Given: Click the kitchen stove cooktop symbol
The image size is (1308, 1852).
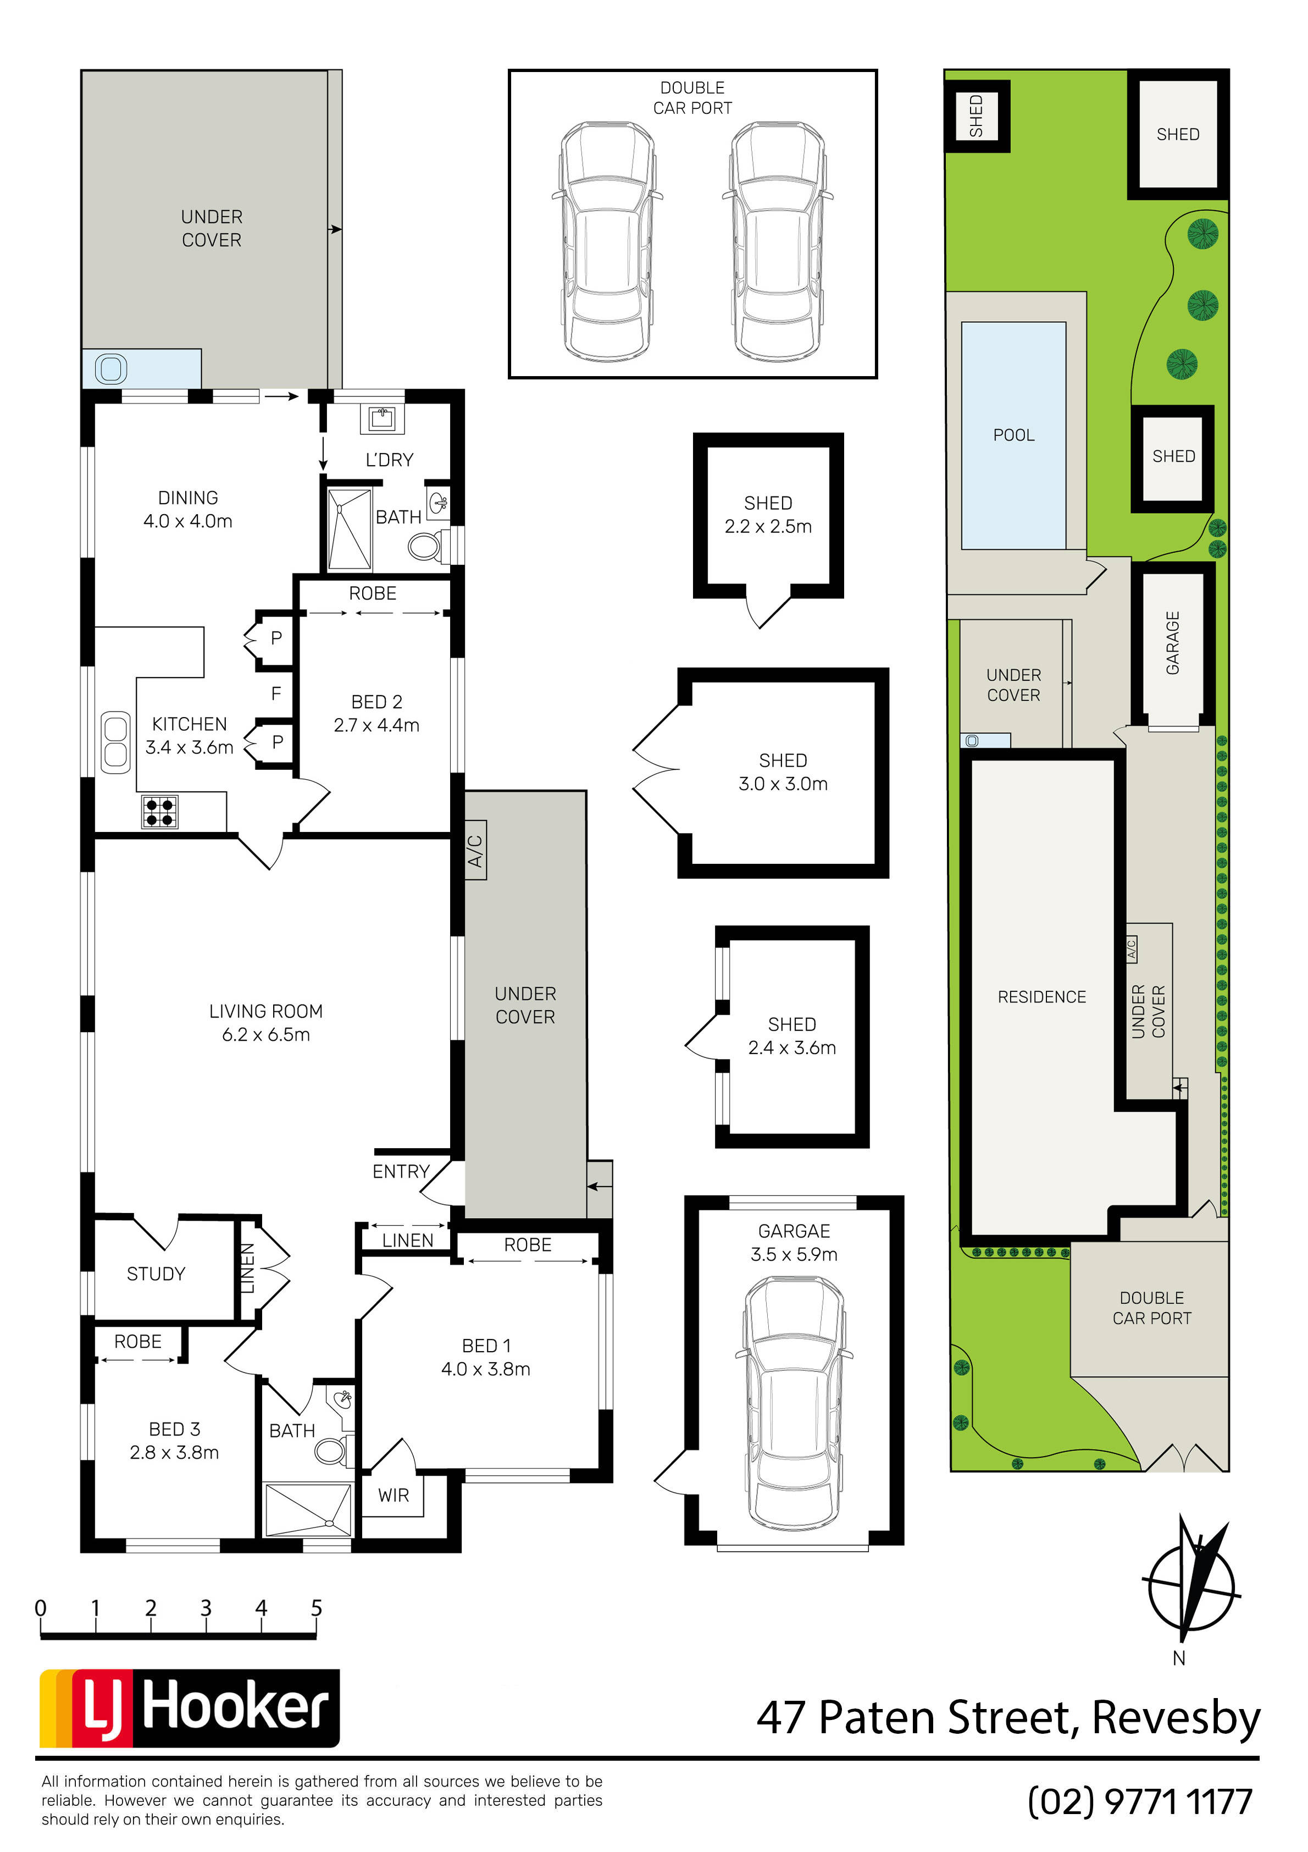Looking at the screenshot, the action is click(160, 812).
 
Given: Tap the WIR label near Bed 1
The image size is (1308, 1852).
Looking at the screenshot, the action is click(393, 1496).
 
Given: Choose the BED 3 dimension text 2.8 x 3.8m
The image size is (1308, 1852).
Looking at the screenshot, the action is click(174, 1453).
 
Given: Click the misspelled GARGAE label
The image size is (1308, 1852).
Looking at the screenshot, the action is click(794, 1231).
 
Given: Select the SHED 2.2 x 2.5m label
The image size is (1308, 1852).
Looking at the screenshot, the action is click(768, 515).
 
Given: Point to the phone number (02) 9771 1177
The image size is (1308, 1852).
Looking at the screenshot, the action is click(1140, 1801).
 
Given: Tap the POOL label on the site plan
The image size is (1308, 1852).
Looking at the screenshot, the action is click(1013, 436).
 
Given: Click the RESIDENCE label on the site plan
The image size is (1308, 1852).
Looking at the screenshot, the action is click(1042, 997).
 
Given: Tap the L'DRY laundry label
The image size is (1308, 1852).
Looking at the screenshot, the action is click(390, 460).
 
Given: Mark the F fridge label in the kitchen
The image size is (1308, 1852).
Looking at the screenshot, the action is click(276, 693).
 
